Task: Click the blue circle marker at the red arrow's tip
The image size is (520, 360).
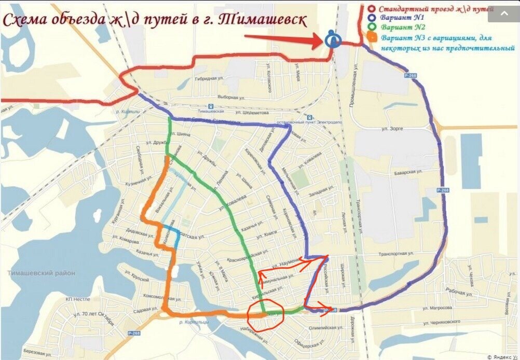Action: (x=333, y=39)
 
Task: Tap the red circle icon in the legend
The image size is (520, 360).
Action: (x=371, y=9)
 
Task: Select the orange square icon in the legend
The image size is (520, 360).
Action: (x=371, y=38)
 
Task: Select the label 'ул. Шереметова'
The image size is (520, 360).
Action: (x=250, y=111)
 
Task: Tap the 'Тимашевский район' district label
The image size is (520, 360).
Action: (x=42, y=273)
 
